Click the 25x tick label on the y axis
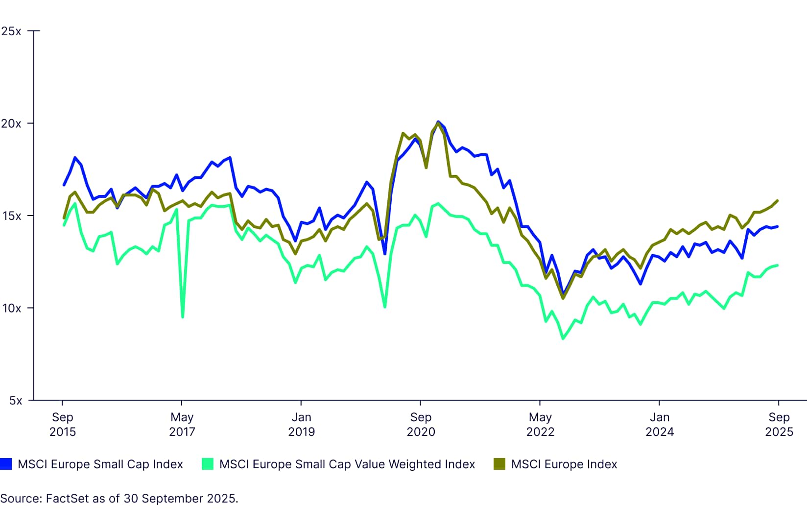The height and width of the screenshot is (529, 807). click(11, 31)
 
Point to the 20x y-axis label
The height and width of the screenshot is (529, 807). click(11, 123)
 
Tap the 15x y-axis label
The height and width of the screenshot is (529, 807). click(11, 216)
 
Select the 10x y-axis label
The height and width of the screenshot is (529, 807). click(11, 308)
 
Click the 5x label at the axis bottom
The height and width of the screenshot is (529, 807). click(16, 401)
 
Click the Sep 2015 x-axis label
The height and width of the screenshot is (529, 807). click(63, 424)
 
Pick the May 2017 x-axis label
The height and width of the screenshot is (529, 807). click(182, 424)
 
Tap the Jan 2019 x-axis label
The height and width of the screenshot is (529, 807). click(301, 424)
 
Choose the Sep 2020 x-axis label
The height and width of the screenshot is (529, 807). click(421, 424)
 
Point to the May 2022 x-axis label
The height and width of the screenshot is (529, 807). click(540, 424)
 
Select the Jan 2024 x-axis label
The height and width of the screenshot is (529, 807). click(660, 424)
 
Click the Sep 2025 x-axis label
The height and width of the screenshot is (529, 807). click(779, 424)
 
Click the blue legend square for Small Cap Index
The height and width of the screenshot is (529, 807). click(6, 464)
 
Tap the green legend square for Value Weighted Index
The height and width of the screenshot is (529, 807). click(208, 464)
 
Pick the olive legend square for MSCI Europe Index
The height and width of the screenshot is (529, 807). click(499, 464)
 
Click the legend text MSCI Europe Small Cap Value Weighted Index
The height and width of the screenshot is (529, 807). click(347, 464)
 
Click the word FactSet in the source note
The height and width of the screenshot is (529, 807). click(65, 499)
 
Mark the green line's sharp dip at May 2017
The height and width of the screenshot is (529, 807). click(183, 317)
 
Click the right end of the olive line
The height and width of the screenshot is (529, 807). click(778, 201)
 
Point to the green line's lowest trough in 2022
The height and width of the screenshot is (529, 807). click(563, 338)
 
